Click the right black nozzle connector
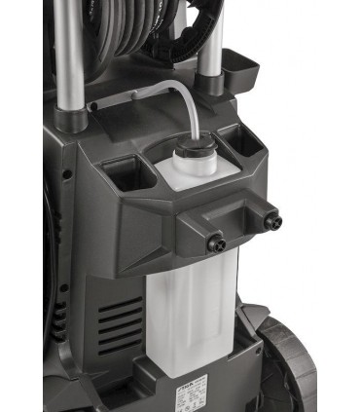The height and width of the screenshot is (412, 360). (x=270, y=220)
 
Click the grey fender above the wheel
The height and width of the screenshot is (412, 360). (x=255, y=321)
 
